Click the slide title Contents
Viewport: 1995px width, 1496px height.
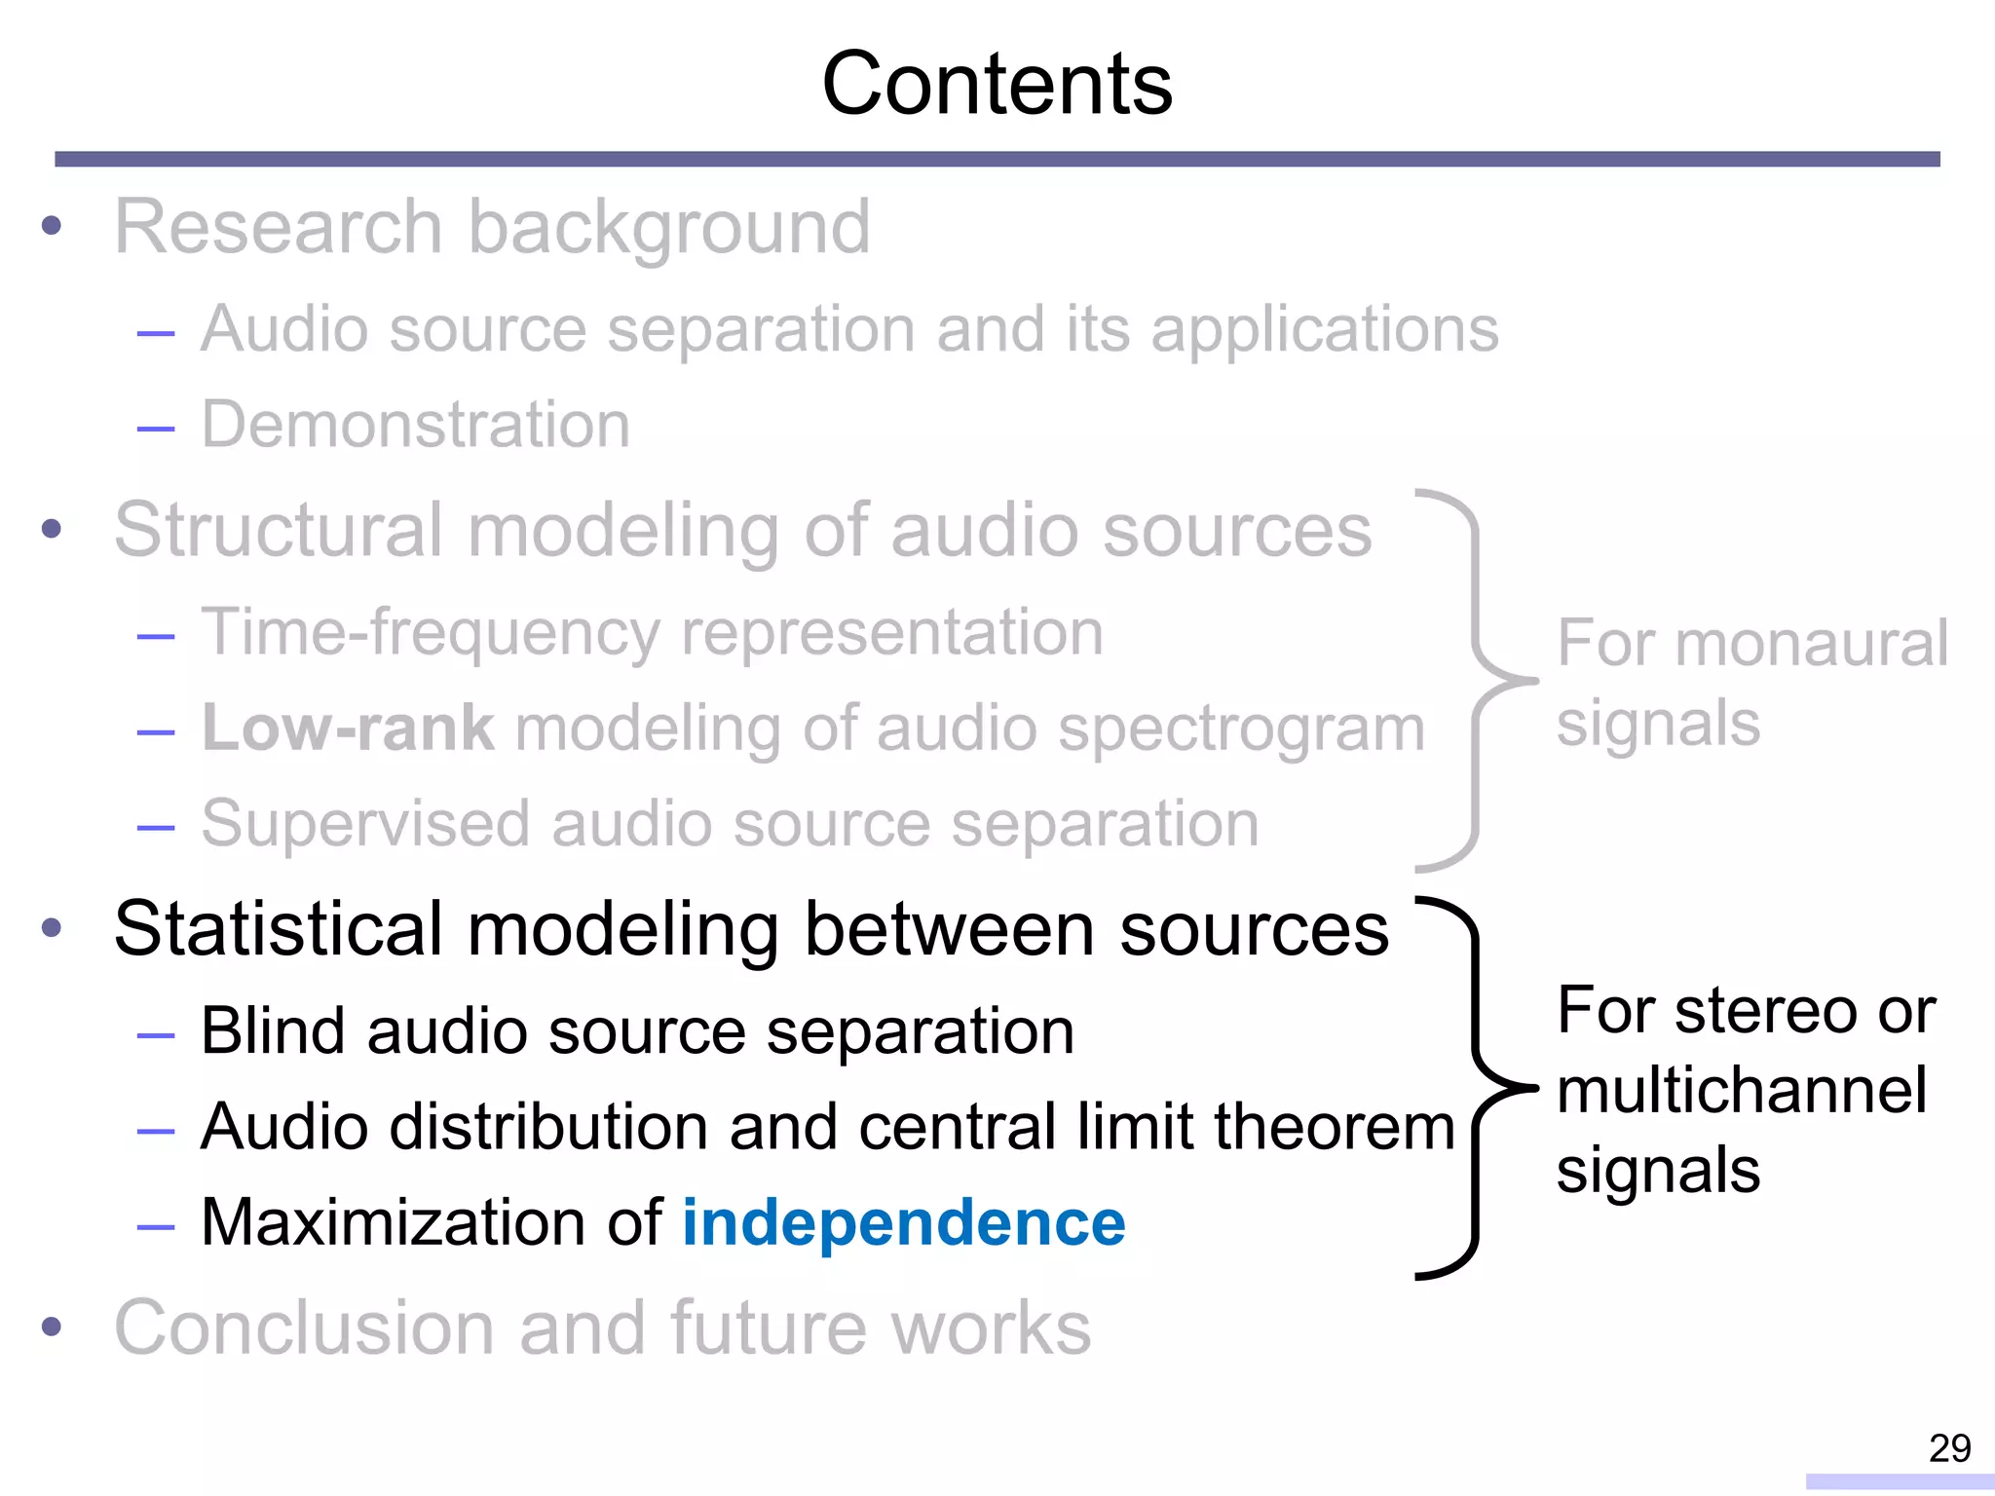(997, 85)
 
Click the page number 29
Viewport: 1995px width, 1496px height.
(1949, 1448)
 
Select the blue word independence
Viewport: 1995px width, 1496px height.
(904, 1222)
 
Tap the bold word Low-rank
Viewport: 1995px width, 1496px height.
(348, 728)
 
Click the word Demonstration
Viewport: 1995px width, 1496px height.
(416, 425)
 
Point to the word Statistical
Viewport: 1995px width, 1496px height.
(279, 928)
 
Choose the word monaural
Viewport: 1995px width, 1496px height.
(1812, 644)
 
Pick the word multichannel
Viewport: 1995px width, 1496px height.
(1742, 1090)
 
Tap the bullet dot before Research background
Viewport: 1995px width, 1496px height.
(52, 227)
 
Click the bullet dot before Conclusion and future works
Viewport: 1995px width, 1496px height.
(52, 1327)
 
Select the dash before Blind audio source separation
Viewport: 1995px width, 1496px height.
(156, 1035)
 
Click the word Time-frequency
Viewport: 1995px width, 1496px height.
(430, 633)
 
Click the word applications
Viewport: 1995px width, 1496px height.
(1325, 329)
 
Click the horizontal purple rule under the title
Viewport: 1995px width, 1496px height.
(997, 159)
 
